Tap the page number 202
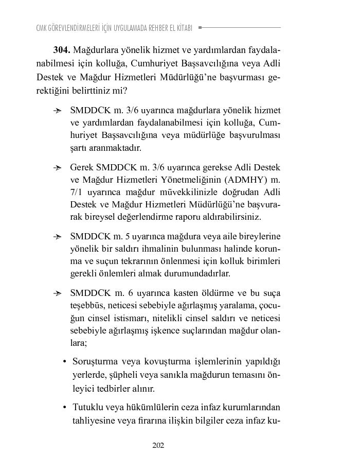click(158, 445)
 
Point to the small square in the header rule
click(200, 27)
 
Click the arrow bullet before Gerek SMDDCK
click(58, 168)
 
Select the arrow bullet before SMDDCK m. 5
click(58, 237)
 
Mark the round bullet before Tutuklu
click(65, 408)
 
